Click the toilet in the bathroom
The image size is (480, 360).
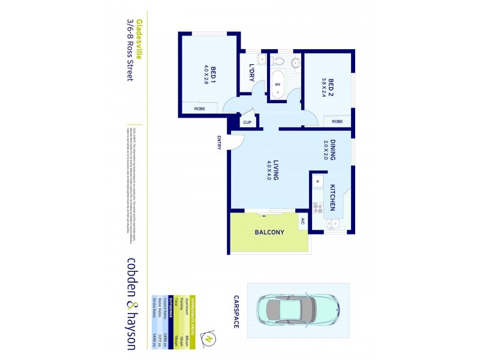click(277, 61)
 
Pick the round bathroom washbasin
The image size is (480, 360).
click(295, 61)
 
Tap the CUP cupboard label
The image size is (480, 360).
click(247, 122)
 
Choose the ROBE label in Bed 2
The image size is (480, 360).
click(338, 121)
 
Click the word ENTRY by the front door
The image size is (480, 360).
click(220, 143)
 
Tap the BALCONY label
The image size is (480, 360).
click(269, 232)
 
